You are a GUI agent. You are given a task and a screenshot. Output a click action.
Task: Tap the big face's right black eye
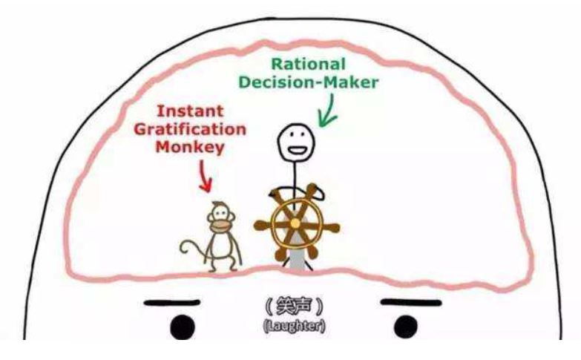coord(405,326)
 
